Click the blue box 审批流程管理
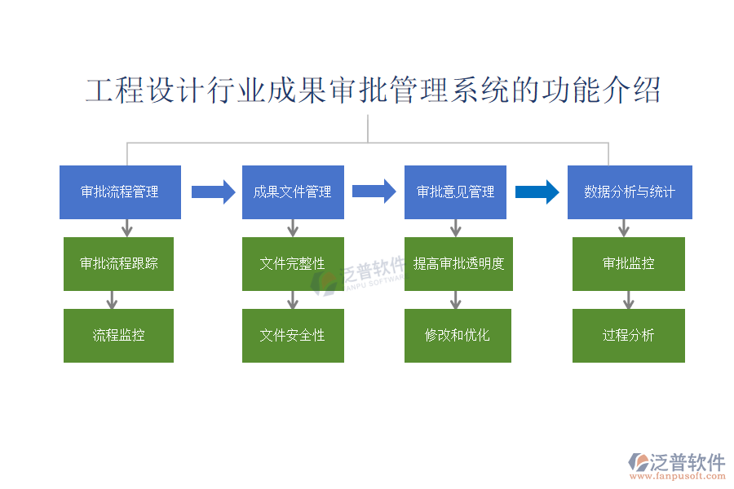pos(119,192)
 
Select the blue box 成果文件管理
pos(293,192)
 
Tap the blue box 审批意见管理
pos(455,192)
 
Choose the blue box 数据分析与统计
pos(630,192)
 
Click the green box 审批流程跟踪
pos(118,263)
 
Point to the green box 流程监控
pos(118,335)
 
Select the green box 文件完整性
pos(293,263)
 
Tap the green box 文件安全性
pos(293,335)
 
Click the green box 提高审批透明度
pos(458,263)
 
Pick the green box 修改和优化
pos(458,335)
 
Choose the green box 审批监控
pos(628,263)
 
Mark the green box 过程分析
pos(628,335)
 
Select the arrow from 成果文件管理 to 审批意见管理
pos(374,192)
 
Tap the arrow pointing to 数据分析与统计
pos(537,192)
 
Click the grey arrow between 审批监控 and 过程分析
pos(628,300)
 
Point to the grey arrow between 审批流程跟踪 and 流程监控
pos(112,300)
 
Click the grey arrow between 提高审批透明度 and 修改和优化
pos(455,300)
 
